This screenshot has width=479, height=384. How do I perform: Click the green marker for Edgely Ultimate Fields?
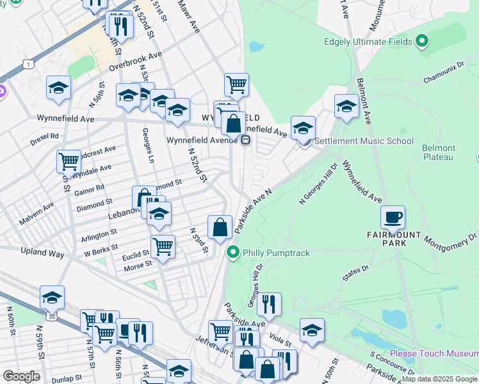421,42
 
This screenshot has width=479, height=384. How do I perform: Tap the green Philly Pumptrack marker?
234,253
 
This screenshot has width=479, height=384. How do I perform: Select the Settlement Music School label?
364,141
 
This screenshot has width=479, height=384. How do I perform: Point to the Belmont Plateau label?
438,152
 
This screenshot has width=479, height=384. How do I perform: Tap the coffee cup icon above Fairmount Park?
393,217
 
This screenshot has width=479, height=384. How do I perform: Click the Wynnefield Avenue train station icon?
245,141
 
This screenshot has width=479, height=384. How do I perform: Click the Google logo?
20,376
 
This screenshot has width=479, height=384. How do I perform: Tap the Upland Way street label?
43,254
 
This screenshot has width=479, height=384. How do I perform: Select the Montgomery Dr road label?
451,242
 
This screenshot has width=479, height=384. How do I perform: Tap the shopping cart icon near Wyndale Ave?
69,161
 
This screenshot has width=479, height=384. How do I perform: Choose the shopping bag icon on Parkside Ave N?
220,227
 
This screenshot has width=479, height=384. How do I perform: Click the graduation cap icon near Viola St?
312,330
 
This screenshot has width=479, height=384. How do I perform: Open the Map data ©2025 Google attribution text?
439,379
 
